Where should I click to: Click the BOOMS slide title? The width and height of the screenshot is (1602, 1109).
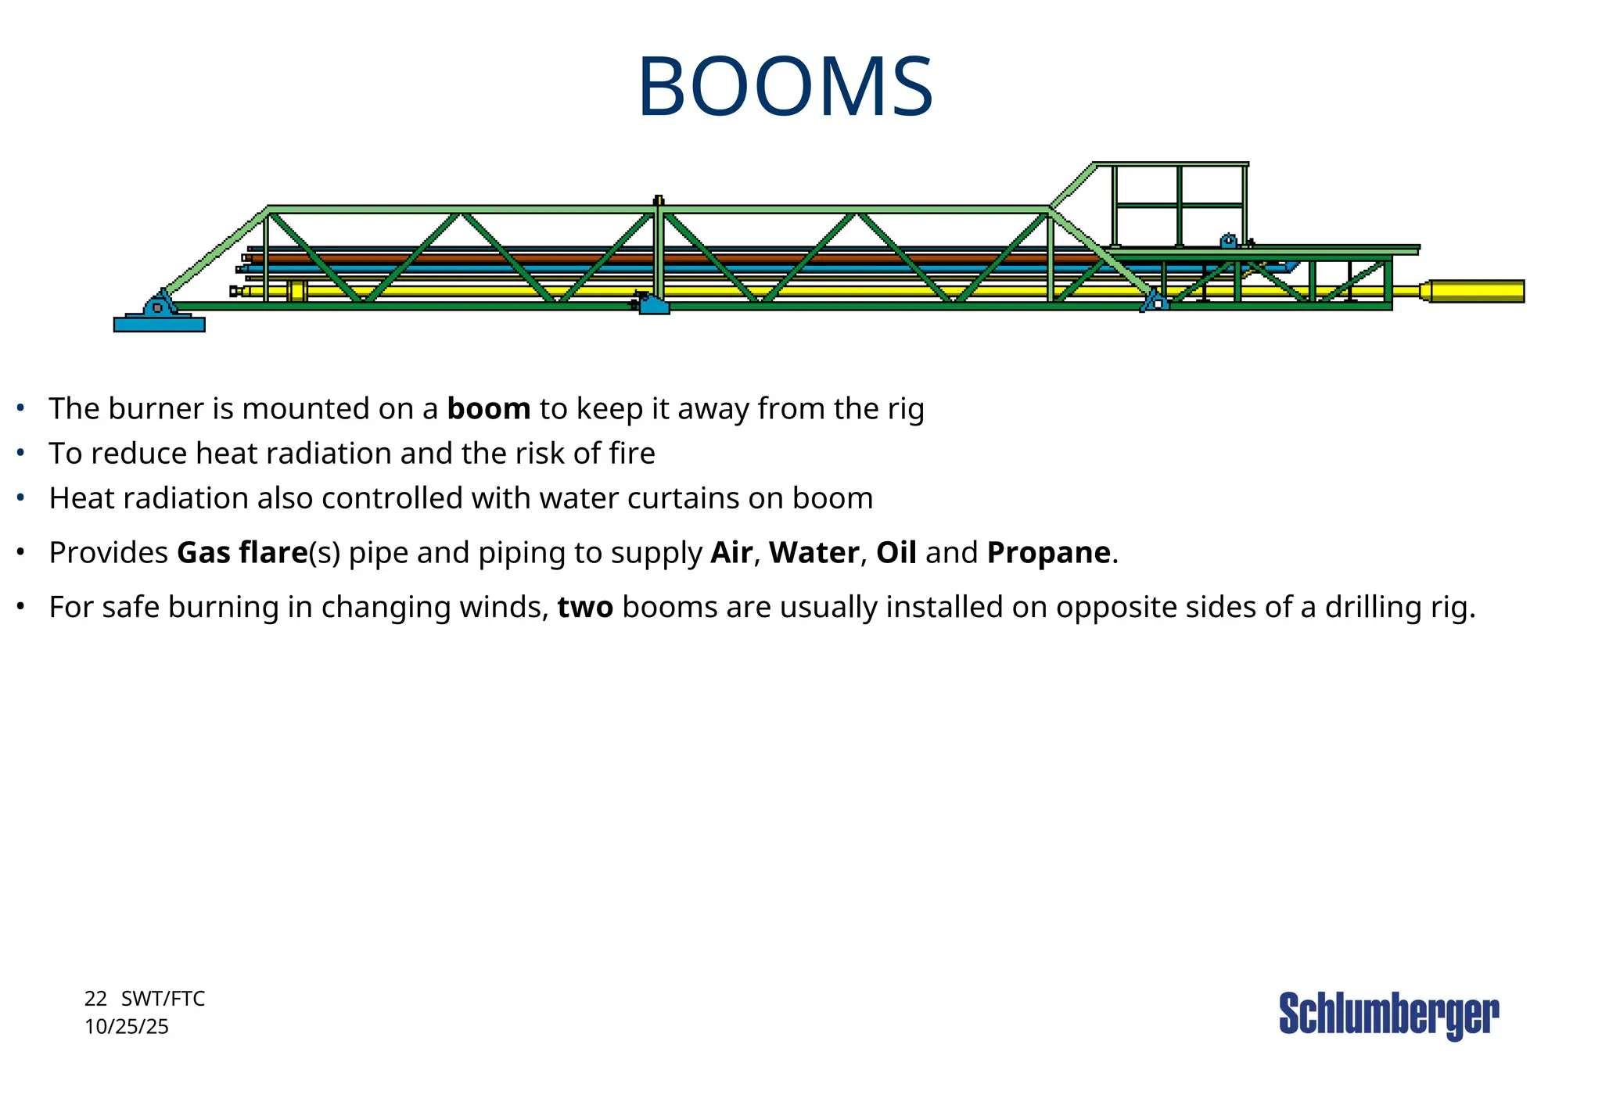pyautogui.click(x=785, y=87)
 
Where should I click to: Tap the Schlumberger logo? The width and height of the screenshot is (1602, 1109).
pyautogui.click(x=1388, y=1014)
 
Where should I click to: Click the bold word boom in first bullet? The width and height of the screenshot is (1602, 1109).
pyautogui.click(x=488, y=409)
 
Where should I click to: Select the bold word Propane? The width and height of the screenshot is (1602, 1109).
pyautogui.click(x=1048, y=553)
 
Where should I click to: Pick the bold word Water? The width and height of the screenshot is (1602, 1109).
pyautogui.click(x=814, y=553)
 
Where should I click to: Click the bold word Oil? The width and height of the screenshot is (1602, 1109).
pyautogui.click(x=896, y=553)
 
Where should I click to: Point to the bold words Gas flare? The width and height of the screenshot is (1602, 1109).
pyautogui.click(x=242, y=553)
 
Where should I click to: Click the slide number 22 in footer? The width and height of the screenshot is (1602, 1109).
pyautogui.click(x=95, y=999)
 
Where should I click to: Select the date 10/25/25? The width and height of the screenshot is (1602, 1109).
pyautogui.click(x=127, y=1027)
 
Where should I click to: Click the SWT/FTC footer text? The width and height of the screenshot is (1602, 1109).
pyautogui.click(x=163, y=999)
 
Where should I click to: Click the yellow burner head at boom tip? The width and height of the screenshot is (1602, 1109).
pyautogui.click(x=1475, y=291)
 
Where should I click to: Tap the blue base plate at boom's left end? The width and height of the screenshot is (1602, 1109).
pyautogui.click(x=159, y=324)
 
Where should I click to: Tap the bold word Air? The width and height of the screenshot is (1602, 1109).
pyautogui.click(x=731, y=553)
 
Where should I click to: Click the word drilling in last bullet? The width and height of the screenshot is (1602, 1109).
pyautogui.click(x=1373, y=608)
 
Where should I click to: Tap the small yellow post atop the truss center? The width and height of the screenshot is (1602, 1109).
pyautogui.click(x=659, y=200)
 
